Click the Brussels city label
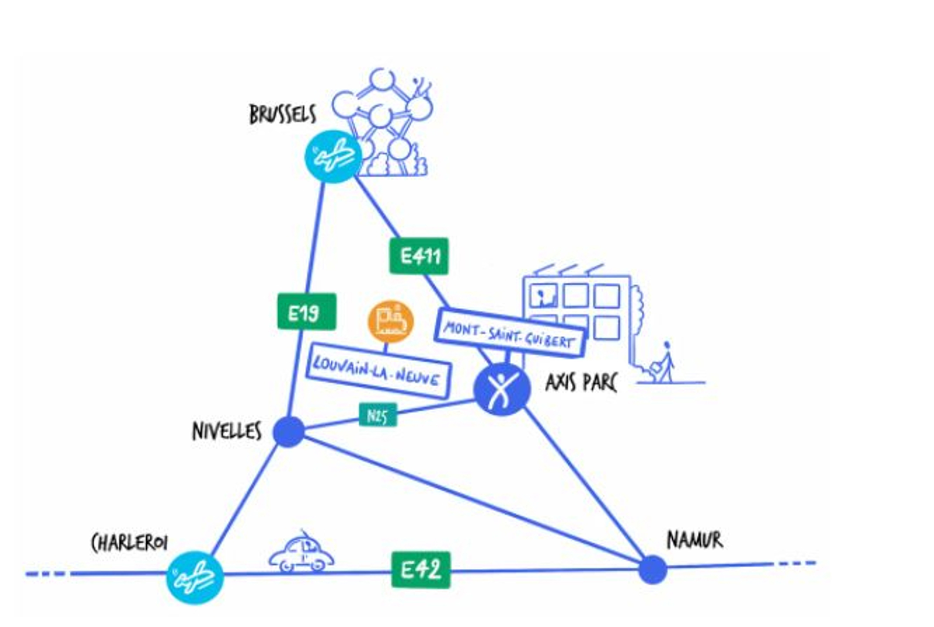click(x=282, y=115)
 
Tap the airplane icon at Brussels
click(x=333, y=156)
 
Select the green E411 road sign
click(x=419, y=256)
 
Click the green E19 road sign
click(x=307, y=312)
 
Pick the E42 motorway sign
click(x=421, y=570)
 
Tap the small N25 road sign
click(x=378, y=415)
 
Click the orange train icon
click(x=391, y=321)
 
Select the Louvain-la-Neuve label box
click(x=378, y=371)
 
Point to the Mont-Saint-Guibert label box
click(x=509, y=334)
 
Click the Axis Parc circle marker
click(x=502, y=389)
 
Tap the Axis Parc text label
click(x=581, y=383)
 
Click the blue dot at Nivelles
click(x=289, y=431)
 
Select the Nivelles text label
click(x=226, y=431)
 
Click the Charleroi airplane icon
click(x=195, y=577)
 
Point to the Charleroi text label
click(x=129, y=543)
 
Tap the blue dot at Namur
click(x=653, y=569)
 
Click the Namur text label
click(x=695, y=540)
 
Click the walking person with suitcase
click(x=663, y=364)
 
